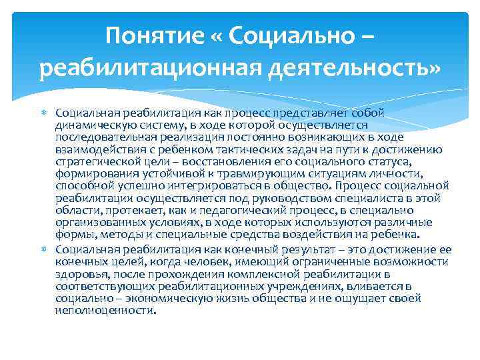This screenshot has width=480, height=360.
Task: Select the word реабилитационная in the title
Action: tap(144, 67)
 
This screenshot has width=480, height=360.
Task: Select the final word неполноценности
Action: tap(105, 310)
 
